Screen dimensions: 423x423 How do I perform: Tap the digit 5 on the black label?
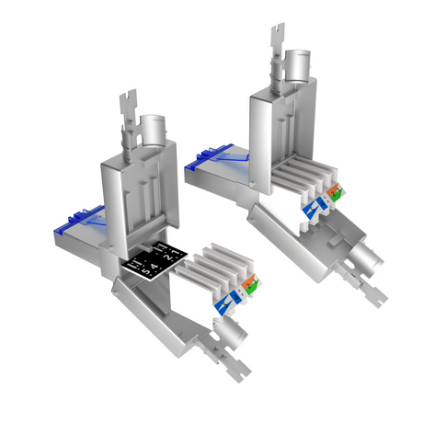139,272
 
